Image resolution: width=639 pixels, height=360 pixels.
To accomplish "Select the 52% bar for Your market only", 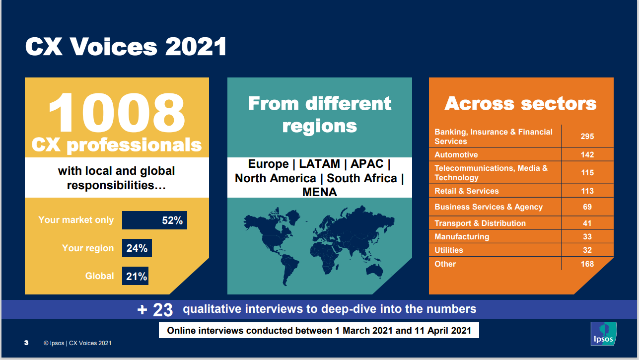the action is pos(154,220).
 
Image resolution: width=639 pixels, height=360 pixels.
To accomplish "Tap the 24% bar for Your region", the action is pos(137,248).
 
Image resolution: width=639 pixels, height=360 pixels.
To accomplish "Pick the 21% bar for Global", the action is pos(135,276).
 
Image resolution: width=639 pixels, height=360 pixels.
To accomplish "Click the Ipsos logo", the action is pos(603,334).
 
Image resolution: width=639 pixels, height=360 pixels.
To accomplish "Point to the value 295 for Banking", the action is pos(587,137).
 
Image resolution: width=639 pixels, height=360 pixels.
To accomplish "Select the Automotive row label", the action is pos(456,154).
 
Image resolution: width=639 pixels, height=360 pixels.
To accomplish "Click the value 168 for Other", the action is pos(587,264).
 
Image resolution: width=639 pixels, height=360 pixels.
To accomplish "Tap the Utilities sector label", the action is pos(449,250).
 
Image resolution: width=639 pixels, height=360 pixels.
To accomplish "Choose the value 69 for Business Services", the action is pos(587,207).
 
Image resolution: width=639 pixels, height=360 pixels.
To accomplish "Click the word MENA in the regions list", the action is pos(320,192).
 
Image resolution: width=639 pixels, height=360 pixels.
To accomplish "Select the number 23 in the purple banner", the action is pos(162,310).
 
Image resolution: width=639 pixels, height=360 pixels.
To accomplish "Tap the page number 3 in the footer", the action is pos(26,343).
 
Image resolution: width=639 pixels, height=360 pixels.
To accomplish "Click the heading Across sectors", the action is pos(521,103).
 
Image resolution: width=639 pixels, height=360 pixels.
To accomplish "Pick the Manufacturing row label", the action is pos(462,237).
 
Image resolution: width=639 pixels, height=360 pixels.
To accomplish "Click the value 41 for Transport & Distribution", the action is pos(587,223).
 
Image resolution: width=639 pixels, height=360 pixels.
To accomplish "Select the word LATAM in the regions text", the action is pos(320,164).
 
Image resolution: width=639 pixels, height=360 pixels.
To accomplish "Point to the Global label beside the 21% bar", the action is pos(100,276).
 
